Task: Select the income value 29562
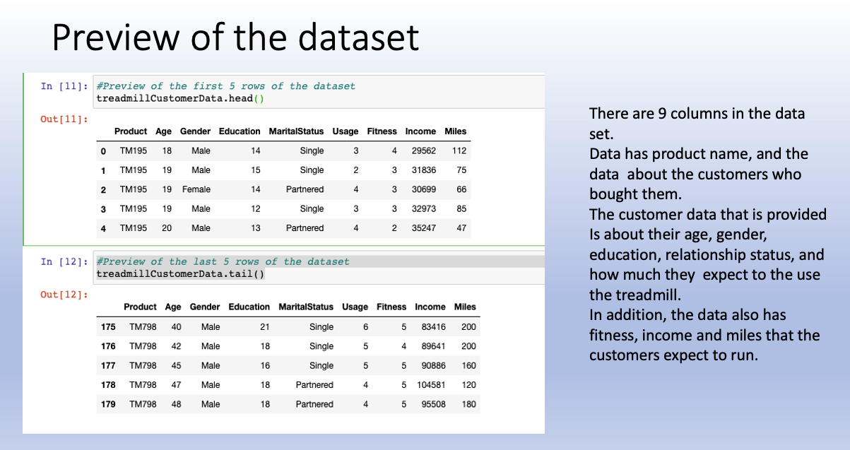(x=420, y=150)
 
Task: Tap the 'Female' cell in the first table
(x=196, y=189)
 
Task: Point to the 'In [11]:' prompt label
(x=64, y=86)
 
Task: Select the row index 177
(x=108, y=366)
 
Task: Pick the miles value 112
(x=459, y=150)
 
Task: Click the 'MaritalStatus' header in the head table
(x=296, y=131)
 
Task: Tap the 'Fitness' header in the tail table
(x=391, y=307)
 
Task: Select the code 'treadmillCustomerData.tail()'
(x=179, y=273)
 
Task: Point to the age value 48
(x=176, y=404)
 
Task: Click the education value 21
(x=265, y=327)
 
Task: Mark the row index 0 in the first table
(x=104, y=150)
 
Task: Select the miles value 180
(x=468, y=404)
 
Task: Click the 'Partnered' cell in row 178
(x=314, y=385)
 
